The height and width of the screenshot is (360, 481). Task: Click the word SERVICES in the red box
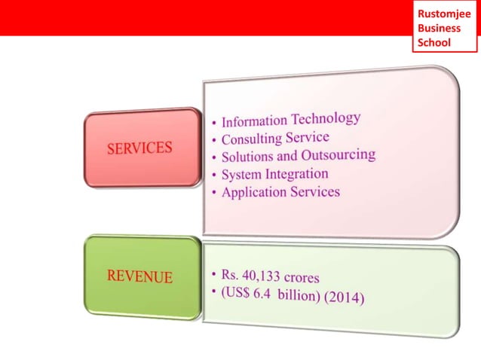tap(139, 148)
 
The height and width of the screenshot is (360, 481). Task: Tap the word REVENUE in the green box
tap(139, 276)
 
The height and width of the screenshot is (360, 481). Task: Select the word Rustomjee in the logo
tap(444, 14)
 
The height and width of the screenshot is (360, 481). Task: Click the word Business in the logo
tap(439, 28)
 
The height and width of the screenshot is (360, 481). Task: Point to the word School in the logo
tap(434, 42)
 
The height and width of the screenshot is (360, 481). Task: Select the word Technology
tap(326, 119)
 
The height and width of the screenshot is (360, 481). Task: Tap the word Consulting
tap(250, 140)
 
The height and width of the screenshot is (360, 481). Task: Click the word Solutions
tap(249, 157)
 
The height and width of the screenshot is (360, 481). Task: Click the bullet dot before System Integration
tap(214, 176)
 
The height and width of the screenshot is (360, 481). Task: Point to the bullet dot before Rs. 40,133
tap(214, 272)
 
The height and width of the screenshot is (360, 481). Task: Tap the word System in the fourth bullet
tap(240, 175)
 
